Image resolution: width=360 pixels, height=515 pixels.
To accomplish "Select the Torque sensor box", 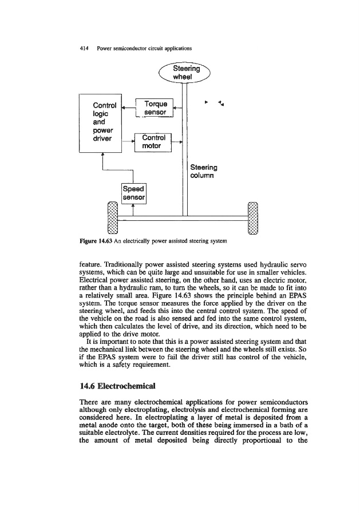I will [155, 108].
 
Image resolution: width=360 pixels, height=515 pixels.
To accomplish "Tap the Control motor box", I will [153, 142].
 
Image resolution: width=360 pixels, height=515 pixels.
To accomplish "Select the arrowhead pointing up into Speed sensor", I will [133, 209].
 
